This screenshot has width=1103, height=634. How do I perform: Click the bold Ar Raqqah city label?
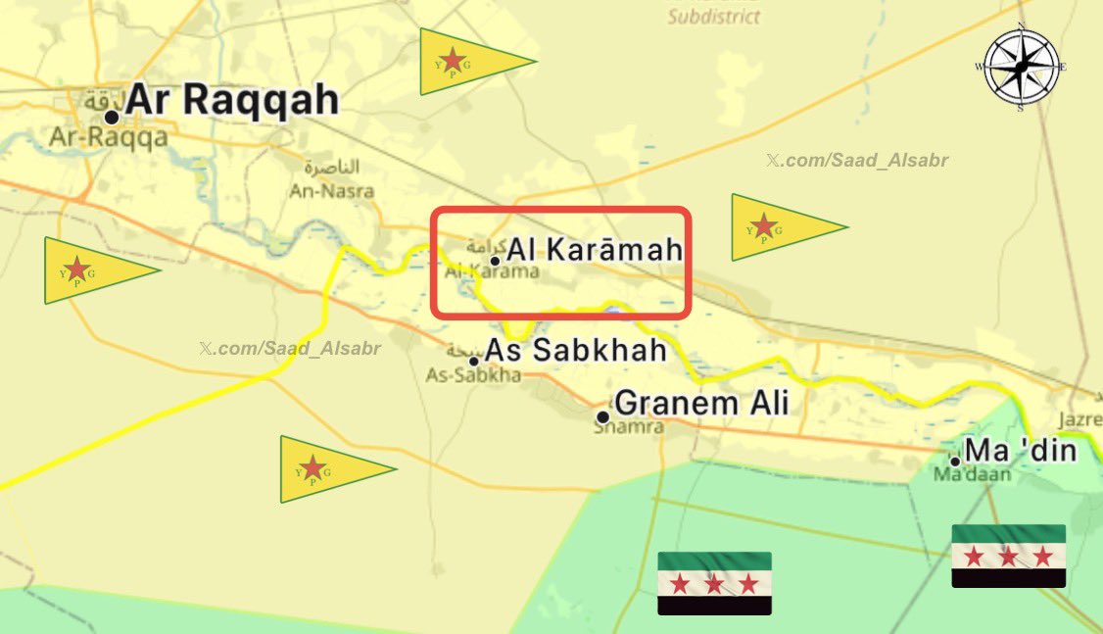pos(233,99)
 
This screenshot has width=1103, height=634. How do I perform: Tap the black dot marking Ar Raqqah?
pos(112,118)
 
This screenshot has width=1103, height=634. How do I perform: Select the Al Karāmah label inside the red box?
pos(594,250)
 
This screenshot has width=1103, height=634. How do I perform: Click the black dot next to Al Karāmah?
pos(495,261)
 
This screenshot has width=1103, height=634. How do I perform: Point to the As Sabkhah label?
pos(576,350)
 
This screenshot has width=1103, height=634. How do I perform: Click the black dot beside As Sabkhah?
pos(474,362)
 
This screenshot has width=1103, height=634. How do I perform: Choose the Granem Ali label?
pos(701,403)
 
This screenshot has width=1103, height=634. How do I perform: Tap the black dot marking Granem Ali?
pos(602,416)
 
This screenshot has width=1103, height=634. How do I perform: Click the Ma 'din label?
pos(1020,451)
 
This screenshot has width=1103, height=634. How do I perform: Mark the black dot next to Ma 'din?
pos(955,461)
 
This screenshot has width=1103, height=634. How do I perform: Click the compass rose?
pos(1022,67)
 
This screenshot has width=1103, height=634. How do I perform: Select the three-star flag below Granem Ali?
pos(714,583)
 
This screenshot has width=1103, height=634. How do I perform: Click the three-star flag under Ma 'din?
pos(1008,556)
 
